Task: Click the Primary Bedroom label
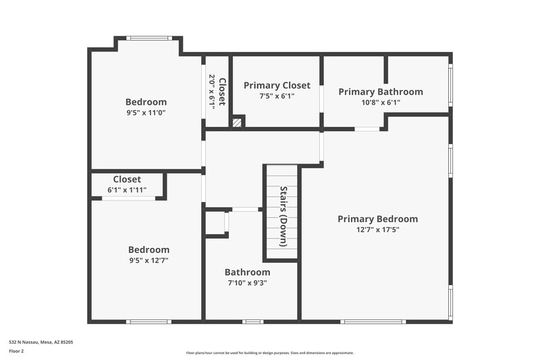click(377, 219)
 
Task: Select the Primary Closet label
click(277, 85)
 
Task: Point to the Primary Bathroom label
click(381, 92)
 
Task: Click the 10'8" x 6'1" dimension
click(381, 103)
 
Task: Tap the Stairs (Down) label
click(283, 216)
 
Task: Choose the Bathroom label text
click(247, 272)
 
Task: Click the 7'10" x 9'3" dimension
click(247, 283)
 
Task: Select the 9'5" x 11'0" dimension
click(146, 113)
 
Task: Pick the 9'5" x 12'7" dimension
click(148, 260)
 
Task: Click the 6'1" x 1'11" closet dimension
click(127, 190)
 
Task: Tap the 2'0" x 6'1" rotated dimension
click(212, 91)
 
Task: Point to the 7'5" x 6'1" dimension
click(277, 96)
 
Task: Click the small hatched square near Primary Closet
click(236, 123)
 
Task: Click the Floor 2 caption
click(16, 351)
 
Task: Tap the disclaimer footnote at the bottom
click(269, 353)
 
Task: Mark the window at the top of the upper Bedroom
click(148, 38)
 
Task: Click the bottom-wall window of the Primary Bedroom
click(372, 322)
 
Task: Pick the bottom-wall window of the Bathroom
click(252, 322)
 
